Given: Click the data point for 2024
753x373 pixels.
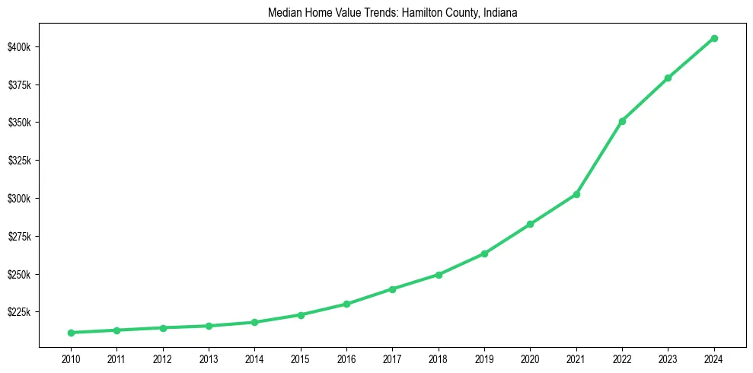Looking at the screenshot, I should click(714, 38).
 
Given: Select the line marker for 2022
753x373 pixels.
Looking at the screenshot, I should click(622, 121).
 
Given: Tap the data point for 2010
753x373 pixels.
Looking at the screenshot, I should click(71, 333).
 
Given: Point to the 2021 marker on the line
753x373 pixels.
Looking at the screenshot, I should click(576, 194).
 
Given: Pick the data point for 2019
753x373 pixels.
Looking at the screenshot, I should click(484, 253).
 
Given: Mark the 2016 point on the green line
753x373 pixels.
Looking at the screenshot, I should click(346, 304).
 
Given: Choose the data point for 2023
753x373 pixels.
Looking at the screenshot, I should click(668, 78).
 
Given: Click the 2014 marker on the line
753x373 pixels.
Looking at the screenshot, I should click(254, 322).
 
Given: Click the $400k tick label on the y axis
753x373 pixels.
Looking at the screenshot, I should click(19, 47).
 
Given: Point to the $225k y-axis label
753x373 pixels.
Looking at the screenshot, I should click(19, 312).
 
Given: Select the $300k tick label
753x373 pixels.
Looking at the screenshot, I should click(19, 199).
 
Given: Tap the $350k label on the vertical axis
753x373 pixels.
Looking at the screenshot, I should click(19, 123).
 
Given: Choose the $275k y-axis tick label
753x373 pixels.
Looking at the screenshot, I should click(19, 237).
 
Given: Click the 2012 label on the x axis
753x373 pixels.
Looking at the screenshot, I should click(162, 359).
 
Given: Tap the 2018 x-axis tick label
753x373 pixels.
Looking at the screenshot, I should click(439, 359).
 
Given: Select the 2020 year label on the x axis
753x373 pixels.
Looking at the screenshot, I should click(531, 359).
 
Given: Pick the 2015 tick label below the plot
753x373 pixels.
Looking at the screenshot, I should click(301, 359).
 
